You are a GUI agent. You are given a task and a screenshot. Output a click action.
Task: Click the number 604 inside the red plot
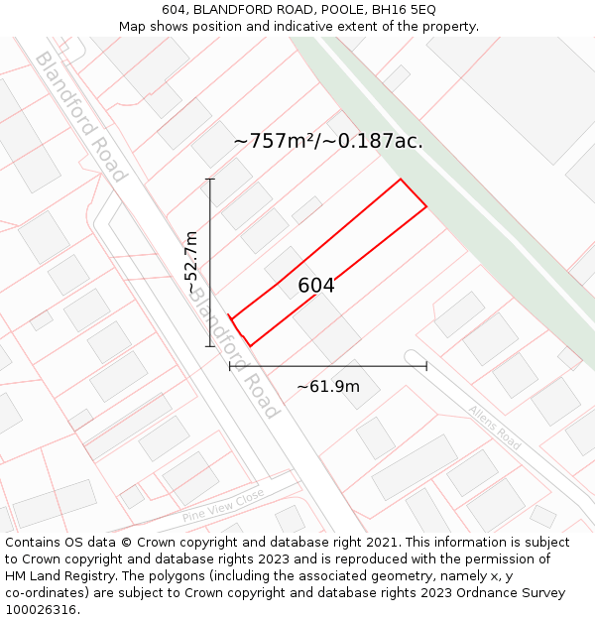click(316, 286)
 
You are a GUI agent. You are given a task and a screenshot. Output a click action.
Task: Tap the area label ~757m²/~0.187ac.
click(328, 142)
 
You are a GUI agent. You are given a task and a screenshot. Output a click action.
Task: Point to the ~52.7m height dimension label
click(192, 262)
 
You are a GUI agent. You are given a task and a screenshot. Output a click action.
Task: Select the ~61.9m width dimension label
click(328, 386)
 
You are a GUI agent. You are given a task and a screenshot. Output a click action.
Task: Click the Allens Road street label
click(495, 428)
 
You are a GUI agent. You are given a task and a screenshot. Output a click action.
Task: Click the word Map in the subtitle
click(133, 26)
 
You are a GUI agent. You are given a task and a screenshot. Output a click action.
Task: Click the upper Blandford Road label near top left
click(81, 117)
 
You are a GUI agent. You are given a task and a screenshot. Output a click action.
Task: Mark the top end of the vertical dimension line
click(210, 179)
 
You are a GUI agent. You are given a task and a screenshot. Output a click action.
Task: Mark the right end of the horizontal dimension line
click(426, 366)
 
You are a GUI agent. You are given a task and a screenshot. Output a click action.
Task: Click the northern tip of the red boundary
click(401, 180)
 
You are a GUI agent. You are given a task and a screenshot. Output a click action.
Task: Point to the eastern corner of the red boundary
click(426, 206)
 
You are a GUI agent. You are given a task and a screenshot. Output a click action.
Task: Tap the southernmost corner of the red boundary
click(250, 346)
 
